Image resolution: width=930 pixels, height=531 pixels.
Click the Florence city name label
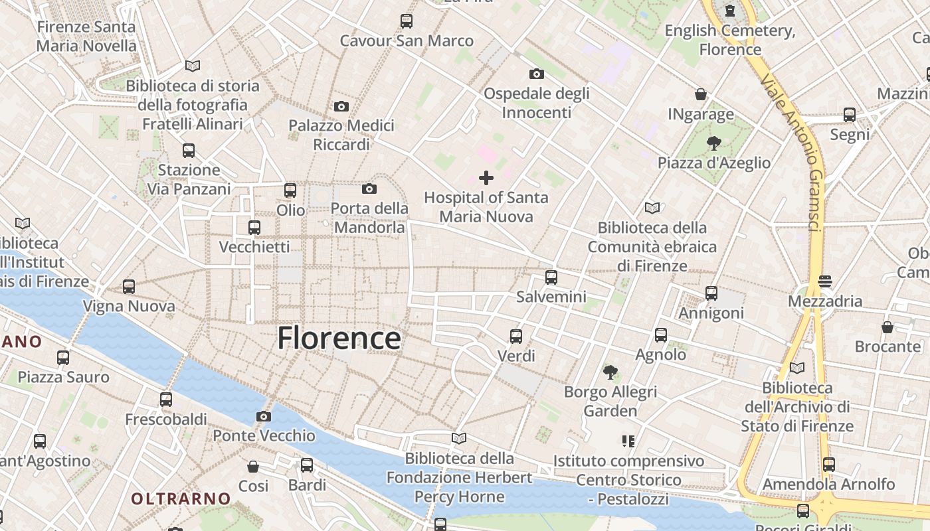(x=339, y=338)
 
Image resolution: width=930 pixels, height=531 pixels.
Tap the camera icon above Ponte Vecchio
(x=264, y=416)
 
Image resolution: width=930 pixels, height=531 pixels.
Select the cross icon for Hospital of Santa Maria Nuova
(x=486, y=177)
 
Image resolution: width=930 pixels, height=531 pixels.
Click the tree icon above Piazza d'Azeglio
(x=714, y=143)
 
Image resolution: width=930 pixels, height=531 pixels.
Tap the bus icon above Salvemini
(x=551, y=277)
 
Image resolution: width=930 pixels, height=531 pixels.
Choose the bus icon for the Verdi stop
(x=516, y=336)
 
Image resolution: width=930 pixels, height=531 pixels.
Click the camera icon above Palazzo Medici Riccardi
(x=341, y=106)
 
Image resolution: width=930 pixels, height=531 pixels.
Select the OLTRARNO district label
(x=181, y=498)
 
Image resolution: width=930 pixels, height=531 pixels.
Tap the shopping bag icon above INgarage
(x=701, y=94)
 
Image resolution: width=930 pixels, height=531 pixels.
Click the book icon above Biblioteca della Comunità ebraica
(x=652, y=208)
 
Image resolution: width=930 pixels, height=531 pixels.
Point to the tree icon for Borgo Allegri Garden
(x=610, y=372)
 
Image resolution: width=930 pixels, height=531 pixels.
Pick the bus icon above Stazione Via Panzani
(x=189, y=151)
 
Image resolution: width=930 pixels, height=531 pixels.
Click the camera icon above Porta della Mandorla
(x=369, y=189)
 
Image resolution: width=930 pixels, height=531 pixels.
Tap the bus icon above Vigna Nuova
(x=129, y=287)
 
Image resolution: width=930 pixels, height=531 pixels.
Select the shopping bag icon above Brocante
(x=887, y=327)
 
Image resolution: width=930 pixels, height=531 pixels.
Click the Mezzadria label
(x=825, y=301)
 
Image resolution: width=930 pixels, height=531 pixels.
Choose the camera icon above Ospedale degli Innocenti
(x=536, y=74)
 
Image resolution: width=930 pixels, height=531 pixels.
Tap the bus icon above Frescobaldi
(x=166, y=400)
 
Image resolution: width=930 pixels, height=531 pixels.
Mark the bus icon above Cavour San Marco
(x=407, y=21)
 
